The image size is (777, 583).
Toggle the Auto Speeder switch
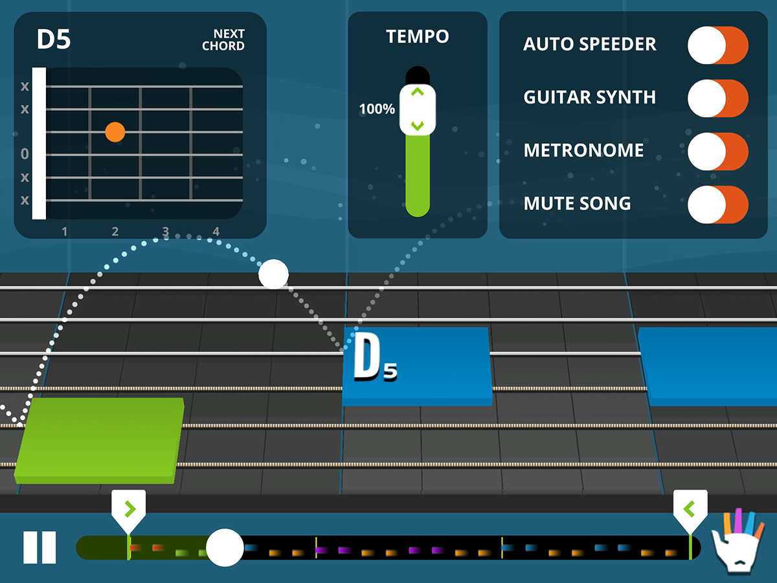click(717, 45)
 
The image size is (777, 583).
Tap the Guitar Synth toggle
click(717, 98)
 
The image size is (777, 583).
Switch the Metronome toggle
click(717, 151)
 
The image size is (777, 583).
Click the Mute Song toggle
click(717, 204)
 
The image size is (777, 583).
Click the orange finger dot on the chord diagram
click(115, 132)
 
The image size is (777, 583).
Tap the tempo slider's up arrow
click(418, 93)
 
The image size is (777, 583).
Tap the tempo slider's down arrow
click(418, 124)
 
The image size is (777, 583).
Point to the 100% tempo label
click(377, 109)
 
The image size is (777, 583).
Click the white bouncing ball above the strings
click(273, 274)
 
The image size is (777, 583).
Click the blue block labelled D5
click(417, 366)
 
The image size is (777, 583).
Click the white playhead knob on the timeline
click(225, 547)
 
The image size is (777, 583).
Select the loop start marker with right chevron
click(128, 507)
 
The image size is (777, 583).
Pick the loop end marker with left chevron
click(690, 507)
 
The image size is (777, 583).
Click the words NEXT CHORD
click(223, 40)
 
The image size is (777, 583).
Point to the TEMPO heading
click(418, 37)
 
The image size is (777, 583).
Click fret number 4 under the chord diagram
click(216, 231)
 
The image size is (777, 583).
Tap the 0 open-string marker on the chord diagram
click(25, 154)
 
